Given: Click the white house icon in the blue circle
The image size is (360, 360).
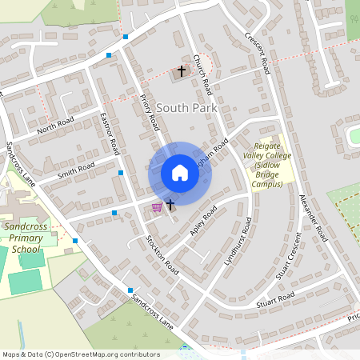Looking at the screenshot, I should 180,173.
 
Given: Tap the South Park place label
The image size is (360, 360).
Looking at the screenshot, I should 186,107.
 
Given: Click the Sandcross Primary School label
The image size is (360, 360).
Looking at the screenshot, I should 22,238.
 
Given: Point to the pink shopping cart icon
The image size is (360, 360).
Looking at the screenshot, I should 157,207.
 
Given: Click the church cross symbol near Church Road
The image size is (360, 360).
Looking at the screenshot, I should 181,71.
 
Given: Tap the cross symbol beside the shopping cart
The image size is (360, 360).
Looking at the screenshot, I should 170,206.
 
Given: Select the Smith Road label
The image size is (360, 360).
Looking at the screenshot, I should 76,170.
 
